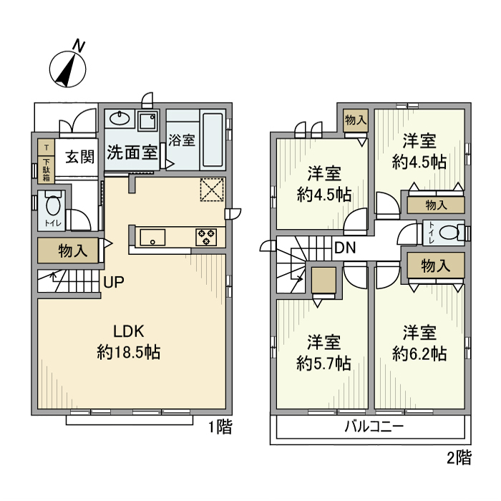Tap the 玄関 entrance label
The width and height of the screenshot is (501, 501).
[80, 157]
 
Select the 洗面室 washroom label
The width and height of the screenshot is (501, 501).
[132, 152]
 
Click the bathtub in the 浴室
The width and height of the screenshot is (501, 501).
[213, 140]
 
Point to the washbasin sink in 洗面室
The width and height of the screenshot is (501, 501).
[120, 119]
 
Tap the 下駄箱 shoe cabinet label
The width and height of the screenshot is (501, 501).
[47, 169]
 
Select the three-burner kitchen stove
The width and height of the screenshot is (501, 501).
[206, 237]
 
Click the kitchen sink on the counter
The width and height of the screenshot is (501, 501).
[152, 237]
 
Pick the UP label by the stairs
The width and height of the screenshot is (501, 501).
[114, 282]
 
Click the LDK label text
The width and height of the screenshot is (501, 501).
[129, 331]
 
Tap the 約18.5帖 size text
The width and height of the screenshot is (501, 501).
[129, 352]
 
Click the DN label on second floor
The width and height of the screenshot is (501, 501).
[345, 248]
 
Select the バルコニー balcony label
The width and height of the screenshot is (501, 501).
[374, 427]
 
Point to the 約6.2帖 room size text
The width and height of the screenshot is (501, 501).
[419, 354]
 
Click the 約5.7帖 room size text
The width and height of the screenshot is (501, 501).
[324, 363]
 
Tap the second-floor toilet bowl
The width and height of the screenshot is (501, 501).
[449, 233]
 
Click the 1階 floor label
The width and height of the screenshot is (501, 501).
[220, 427]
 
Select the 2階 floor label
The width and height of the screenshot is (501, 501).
[459, 458]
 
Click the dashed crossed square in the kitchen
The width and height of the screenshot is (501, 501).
[212, 190]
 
